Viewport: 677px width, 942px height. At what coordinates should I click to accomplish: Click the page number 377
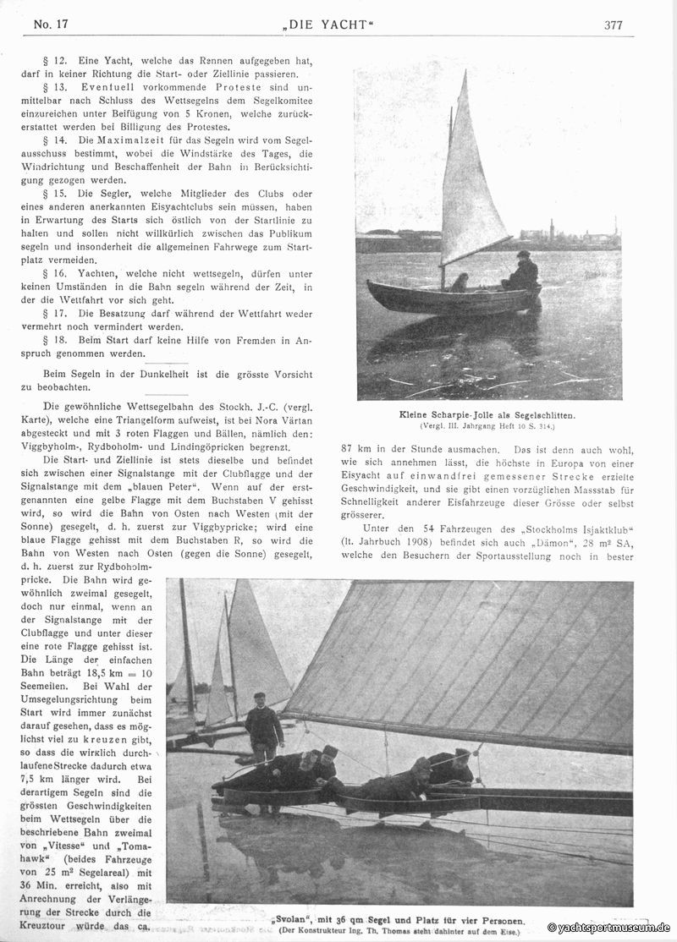(614, 25)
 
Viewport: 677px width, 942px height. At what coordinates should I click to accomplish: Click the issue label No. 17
(51, 24)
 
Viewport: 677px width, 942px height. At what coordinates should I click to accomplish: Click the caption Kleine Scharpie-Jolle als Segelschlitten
(487, 415)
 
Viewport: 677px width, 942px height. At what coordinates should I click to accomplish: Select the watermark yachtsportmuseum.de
(608, 928)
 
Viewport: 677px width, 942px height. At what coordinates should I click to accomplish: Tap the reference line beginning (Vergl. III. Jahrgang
(487, 425)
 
